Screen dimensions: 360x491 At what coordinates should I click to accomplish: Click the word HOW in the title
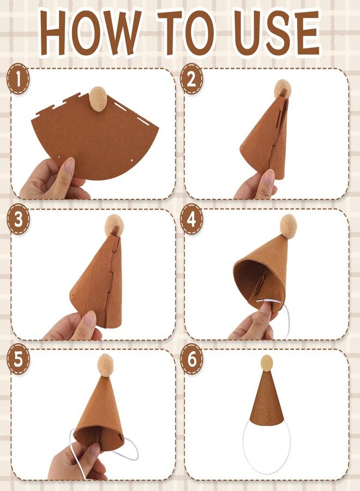[91, 32]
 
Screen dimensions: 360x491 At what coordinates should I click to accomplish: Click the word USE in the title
[277, 32]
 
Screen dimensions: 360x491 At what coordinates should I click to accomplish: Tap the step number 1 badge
[18, 79]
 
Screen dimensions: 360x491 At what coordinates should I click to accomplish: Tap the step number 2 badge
[191, 79]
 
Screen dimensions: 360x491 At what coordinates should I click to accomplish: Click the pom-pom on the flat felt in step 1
[98, 98]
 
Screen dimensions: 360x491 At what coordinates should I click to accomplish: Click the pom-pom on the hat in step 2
[283, 88]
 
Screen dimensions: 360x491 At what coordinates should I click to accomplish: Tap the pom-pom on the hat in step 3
[114, 225]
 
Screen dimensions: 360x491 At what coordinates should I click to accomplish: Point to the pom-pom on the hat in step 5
[105, 365]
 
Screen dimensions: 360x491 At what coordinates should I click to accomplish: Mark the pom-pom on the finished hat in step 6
[267, 363]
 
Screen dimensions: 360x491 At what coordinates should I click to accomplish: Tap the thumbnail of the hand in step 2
[269, 177]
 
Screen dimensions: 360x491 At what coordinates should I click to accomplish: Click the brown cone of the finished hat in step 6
[267, 398]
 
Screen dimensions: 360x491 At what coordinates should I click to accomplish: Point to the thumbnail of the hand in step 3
[90, 319]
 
